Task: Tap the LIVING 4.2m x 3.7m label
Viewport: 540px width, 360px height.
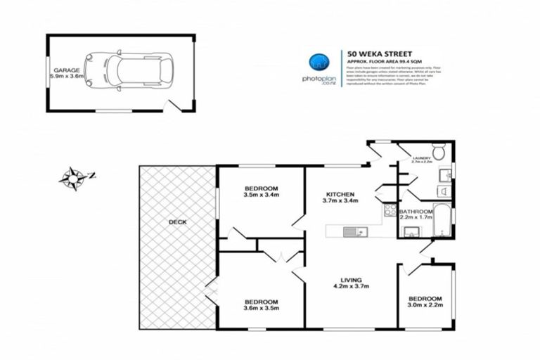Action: [x=350, y=282]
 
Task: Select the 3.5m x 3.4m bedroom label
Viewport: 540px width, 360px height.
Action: [x=261, y=192]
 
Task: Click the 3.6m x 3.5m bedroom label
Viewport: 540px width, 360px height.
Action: [x=261, y=304]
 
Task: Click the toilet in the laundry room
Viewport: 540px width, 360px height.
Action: [x=438, y=150]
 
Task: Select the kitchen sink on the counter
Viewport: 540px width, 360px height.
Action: [x=351, y=232]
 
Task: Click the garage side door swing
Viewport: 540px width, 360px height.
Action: [x=170, y=106]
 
